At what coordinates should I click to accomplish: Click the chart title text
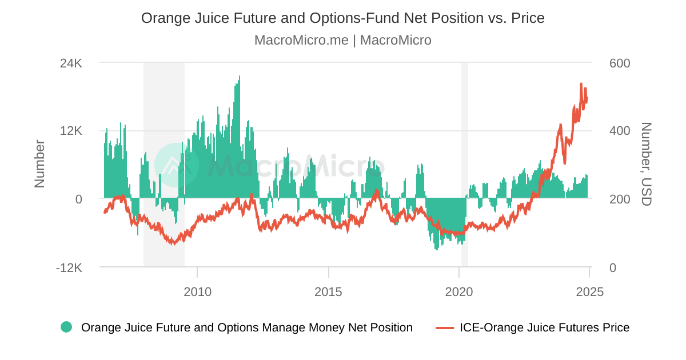(342, 18)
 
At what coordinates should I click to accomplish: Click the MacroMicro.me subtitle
(342, 40)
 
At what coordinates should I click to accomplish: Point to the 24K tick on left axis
(71, 63)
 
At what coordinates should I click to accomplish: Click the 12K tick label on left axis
(71, 131)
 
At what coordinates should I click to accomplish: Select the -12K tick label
(69, 267)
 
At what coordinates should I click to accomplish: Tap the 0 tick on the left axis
(78, 199)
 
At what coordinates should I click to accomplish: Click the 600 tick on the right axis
(620, 63)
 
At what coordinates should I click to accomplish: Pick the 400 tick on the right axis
(620, 131)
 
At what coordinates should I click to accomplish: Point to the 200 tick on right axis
(620, 199)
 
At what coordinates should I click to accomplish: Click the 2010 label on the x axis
(197, 292)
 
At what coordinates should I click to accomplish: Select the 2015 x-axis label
(328, 292)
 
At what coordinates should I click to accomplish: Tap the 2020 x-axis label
(459, 292)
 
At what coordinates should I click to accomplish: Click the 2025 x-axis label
(589, 292)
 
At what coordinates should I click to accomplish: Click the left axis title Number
(39, 164)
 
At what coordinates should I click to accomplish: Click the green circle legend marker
(66, 327)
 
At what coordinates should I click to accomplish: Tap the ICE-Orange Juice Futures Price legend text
(544, 327)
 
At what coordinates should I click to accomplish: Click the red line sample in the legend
(445, 327)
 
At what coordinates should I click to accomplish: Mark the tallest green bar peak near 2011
(240, 77)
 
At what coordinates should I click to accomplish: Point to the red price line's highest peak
(581, 84)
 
